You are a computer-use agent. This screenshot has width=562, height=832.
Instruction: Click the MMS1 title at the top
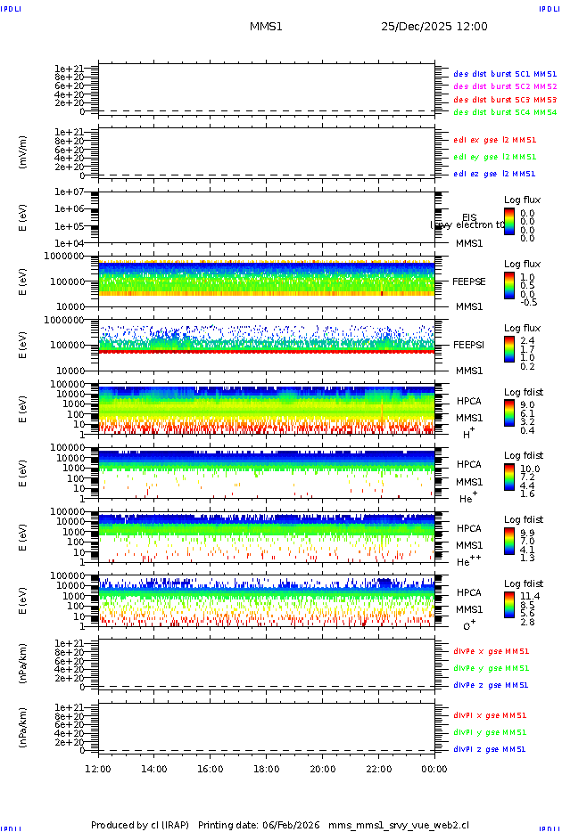(x=266, y=27)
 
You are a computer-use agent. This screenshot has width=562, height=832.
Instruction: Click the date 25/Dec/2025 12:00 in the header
(x=434, y=27)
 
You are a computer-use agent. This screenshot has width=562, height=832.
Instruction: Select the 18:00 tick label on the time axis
(x=267, y=769)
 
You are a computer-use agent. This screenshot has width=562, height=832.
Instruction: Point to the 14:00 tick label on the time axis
(x=154, y=769)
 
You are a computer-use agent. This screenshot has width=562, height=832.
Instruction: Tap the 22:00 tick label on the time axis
(x=379, y=769)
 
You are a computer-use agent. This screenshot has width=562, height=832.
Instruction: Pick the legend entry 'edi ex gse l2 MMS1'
(x=494, y=140)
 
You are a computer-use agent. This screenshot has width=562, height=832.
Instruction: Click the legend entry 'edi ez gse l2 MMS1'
(x=494, y=174)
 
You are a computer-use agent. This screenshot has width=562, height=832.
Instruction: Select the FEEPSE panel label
(x=468, y=281)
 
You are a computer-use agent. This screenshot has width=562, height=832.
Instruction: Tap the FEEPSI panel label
(x=468, y=345)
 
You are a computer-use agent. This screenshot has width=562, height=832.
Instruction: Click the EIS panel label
(x=469, y=217)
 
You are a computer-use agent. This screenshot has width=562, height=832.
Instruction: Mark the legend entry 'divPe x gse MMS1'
(x=490, y=651)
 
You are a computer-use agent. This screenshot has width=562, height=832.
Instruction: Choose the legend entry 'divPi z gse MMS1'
(x=490, y=749)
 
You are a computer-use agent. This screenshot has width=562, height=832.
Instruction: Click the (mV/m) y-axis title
(x=23, y=152)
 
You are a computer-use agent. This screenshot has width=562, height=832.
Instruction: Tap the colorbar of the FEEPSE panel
(x=508, y=285)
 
